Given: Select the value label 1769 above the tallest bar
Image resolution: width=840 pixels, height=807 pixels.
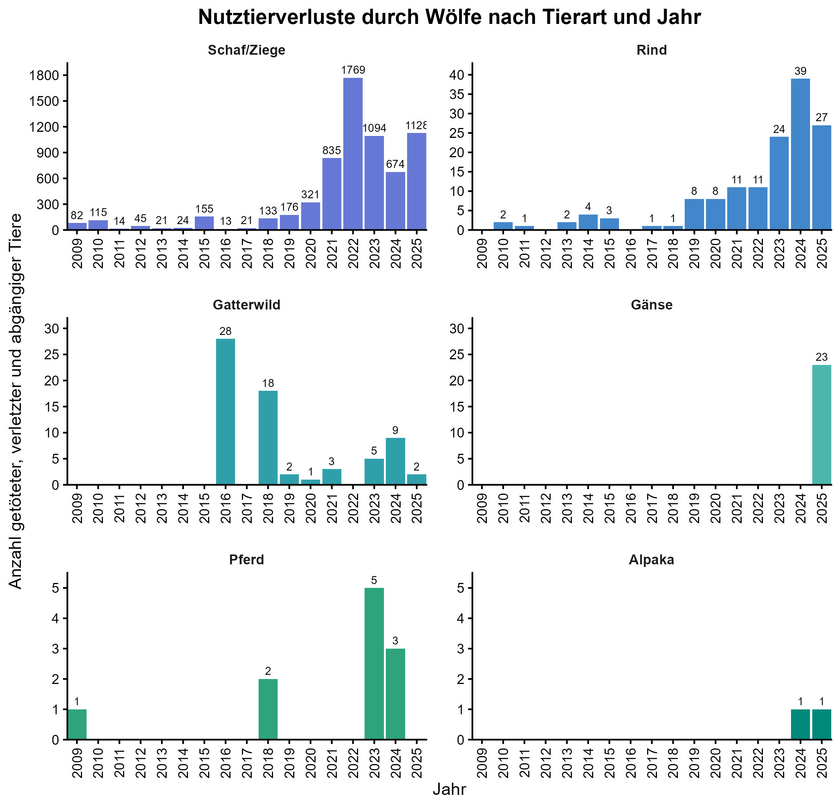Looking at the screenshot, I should click(353, 70).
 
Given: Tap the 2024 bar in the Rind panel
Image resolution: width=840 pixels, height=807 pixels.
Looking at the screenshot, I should click(800, 154).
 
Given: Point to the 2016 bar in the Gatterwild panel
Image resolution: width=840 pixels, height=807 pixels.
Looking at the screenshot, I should click(226, 411).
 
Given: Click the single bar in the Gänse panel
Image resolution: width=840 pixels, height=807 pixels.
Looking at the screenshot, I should click(821, 425).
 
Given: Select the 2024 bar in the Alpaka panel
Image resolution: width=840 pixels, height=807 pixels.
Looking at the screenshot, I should click(800, 724).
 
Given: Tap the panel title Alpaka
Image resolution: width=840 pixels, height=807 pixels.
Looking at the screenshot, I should click(651, 560).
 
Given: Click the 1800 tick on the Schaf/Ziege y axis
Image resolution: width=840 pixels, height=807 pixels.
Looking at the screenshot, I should click(43, 76).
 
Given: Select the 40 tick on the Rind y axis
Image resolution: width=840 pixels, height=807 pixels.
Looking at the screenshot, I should click(457, 75).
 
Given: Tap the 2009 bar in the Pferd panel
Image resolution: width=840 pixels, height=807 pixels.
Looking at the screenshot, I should click(77, 724).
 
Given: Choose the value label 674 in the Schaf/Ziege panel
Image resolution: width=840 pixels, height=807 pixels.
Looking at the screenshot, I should click(395, 164).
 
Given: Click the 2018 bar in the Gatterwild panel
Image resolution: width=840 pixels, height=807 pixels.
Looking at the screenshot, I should click(268, 437).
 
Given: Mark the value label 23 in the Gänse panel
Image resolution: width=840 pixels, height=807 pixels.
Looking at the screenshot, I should click(821, 357).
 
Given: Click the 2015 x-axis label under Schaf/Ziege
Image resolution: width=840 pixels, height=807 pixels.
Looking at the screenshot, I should click(204, 253).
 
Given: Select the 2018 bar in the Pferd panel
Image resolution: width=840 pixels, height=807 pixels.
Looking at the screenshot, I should click(268, 709).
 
